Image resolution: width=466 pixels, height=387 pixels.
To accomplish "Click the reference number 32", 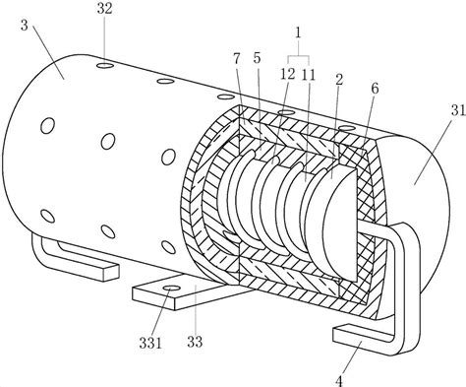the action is coord(104,9).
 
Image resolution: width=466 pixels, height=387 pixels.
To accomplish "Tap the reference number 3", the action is coord(25,26).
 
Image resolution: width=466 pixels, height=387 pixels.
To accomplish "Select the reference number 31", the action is coord(458,110).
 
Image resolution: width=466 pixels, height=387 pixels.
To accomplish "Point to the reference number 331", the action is coord(150,343).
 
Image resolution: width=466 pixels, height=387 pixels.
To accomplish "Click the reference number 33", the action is coord(195,342).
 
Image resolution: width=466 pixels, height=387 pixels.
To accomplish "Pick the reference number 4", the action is coord(339,382).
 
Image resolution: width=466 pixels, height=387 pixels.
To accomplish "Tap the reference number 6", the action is coord(375,89).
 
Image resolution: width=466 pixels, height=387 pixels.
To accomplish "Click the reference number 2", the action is coord(339,79).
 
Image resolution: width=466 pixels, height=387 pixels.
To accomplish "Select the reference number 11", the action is coord(309,75).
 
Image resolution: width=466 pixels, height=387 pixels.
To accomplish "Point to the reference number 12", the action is coord(287,75).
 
